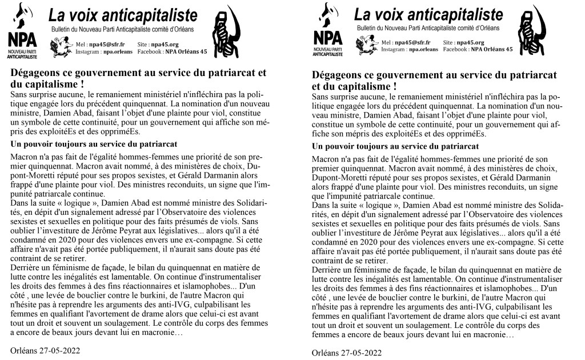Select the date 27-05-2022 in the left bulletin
[x=59, y=350]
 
